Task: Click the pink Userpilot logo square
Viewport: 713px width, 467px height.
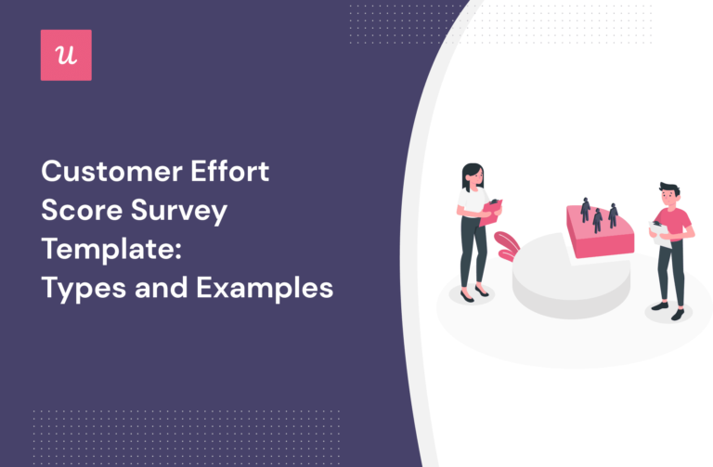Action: (66, 55)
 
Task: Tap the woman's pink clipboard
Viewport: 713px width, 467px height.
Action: (490, 213)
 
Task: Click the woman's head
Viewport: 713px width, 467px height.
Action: (473, 175)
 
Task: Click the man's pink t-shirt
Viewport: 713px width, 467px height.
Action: (675, 225)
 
